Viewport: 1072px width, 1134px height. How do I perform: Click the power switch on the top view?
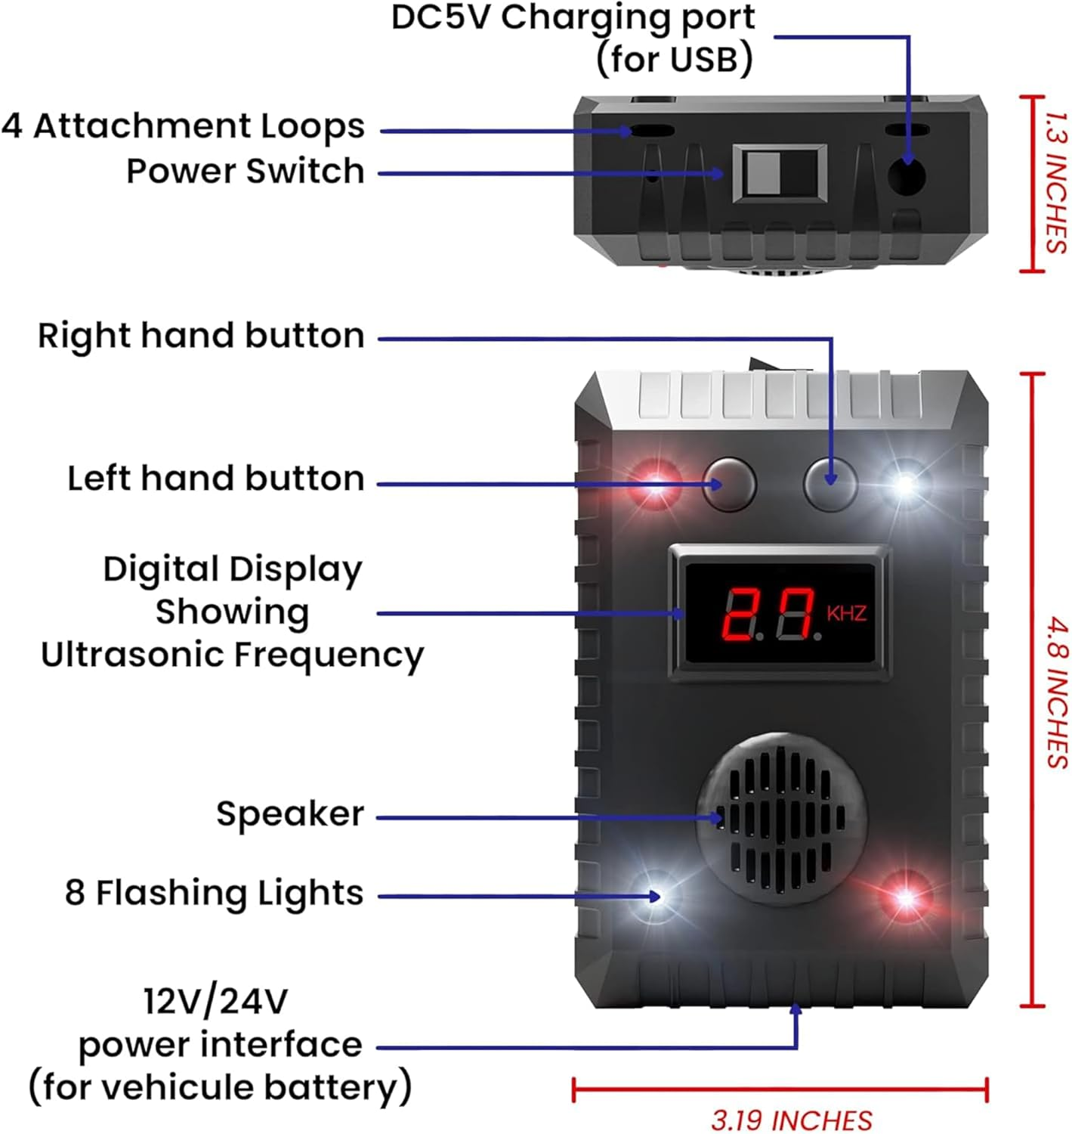click(779, 174)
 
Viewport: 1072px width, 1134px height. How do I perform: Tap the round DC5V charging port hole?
click(906, 177)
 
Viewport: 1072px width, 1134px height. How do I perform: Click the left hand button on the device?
click(729, 484)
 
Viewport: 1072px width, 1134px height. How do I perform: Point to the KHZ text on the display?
click(846, 612)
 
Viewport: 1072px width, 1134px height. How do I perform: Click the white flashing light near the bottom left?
click(656, 897)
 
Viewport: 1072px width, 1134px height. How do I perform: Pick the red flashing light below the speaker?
click(904, 897)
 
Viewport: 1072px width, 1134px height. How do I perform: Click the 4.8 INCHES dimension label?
click(1058, 692)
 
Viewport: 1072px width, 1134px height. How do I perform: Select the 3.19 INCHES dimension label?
click(791, 1120)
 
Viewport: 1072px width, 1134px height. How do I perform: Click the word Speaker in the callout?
click(290, 813)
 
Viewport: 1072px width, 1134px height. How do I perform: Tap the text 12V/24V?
click(216, 1002)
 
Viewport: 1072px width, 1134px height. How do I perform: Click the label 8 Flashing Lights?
click(215, 893)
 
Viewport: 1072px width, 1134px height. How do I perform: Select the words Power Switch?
click(246, 172)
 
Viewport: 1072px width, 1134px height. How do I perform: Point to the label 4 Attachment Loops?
click(183, 126)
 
